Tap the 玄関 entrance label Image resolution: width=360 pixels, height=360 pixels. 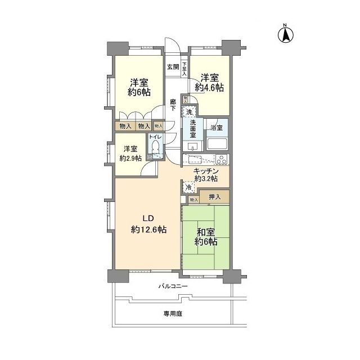(173, 67)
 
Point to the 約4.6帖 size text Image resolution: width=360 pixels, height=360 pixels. (209, 88)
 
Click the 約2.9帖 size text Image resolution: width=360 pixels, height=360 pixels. (130, 159)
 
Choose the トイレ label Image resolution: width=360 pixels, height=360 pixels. (155, 137)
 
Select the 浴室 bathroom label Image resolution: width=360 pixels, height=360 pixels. (217, 128)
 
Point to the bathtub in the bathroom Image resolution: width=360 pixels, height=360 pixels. (217, 143)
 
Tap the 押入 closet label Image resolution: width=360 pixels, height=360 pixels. (214, 197)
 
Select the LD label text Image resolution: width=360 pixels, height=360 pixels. (147, 219)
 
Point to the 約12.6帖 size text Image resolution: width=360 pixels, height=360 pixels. (148, 229)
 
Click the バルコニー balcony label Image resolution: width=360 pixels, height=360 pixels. (173, 287)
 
